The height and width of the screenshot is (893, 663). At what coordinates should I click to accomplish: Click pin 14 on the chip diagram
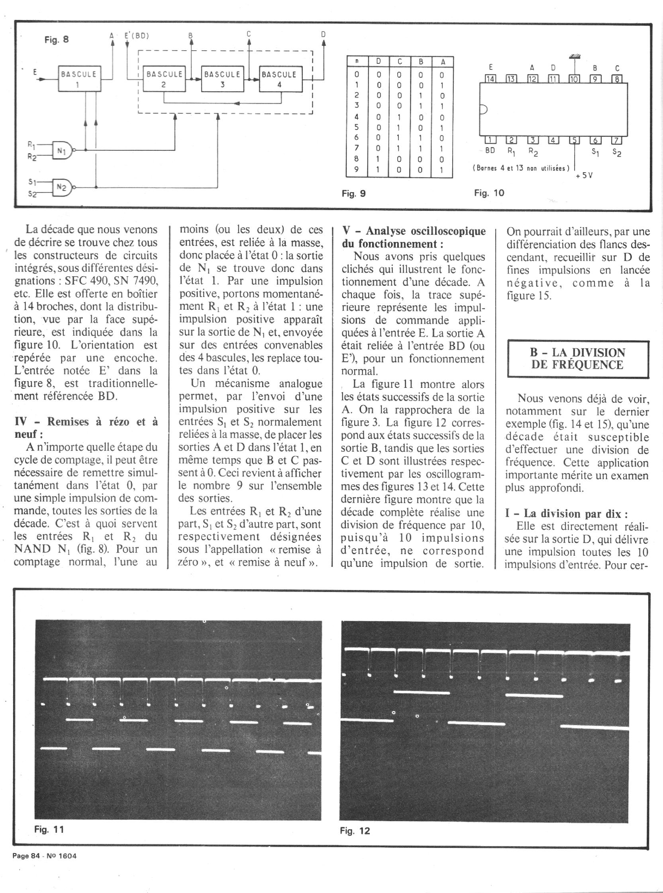(x=490, y=79)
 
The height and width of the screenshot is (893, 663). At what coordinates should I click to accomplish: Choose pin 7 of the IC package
(x=616, y=140)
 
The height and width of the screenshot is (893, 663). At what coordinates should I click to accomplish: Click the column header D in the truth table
(x=378, y=61)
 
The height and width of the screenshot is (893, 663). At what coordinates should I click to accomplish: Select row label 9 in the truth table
(x=356, y=170)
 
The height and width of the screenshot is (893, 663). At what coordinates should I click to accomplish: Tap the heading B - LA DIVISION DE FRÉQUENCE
(x=578, y=358)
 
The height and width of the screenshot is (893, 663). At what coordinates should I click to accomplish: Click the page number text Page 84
(x=26, y=856)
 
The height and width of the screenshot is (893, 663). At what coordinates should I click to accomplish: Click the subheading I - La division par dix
(x=566, y=513)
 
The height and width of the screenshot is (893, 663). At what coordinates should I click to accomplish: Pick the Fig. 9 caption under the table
(x=353, y=193)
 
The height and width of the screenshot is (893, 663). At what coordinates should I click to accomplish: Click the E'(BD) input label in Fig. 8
(x=137, y=35)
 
